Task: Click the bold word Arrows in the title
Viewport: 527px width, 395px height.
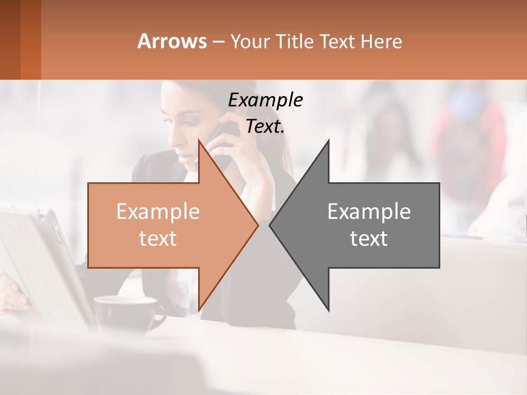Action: [172, 41]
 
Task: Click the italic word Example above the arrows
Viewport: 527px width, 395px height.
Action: [265, 100]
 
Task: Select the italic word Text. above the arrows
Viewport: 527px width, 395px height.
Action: [265, 127]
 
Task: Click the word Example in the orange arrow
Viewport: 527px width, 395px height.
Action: [158, 212]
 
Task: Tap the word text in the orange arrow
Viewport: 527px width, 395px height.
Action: [158, 239]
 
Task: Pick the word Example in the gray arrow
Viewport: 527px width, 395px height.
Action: [369, 212]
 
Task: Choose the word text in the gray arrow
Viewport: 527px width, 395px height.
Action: [369, 239]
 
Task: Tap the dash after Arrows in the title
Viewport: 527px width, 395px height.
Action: [217, 42]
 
